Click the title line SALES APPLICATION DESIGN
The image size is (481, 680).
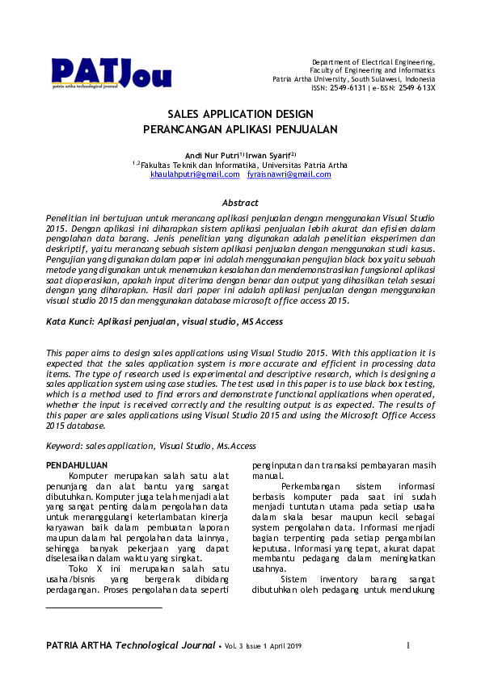click(x=240, y=115)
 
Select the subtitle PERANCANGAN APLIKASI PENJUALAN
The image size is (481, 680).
click(x=240, y=129)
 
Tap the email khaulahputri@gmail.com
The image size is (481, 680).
click(x=195, y=174)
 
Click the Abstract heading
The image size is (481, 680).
click(x=240, y=203)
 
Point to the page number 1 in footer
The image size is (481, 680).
click(x=408, y=645)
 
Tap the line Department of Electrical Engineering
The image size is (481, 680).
click(x=373, y=62)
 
